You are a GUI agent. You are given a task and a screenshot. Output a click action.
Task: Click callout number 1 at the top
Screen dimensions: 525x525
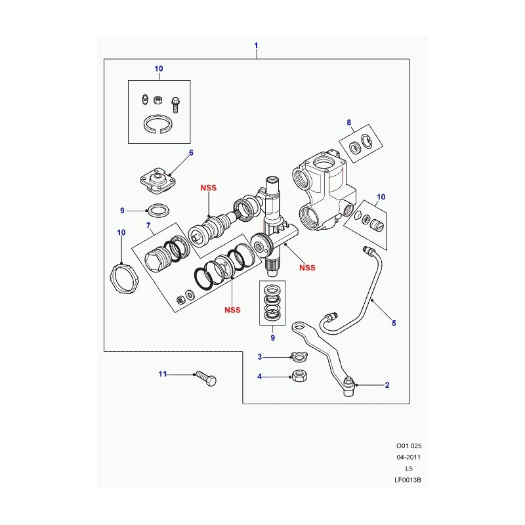[x=256, y=45]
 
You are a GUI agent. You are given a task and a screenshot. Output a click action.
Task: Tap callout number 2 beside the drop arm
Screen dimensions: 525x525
[x=387, y=385]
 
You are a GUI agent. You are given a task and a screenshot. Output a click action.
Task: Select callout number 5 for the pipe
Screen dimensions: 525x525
[x=394, y=323]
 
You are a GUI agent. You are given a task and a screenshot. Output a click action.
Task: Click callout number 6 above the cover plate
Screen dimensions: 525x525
[x=191, y=153]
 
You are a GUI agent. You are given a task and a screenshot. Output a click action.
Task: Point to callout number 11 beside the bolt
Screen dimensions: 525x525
[x=162, y=373]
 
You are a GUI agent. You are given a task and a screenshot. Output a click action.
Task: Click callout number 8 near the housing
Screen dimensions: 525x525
[x=349, y=123]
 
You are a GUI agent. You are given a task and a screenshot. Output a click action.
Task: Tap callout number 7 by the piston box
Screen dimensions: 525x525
[x=148, y=226]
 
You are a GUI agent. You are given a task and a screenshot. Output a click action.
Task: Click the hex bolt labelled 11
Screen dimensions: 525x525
[x=206, y=379]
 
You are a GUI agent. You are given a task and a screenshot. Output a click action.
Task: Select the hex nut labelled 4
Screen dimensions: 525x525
[x=300, y=375]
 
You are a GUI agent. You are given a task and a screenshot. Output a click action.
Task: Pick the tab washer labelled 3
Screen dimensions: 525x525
[x=299, y=356]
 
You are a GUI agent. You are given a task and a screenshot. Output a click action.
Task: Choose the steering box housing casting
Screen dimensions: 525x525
[x=323, y=191]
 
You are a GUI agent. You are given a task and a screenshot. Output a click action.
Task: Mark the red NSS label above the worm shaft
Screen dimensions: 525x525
[x=208, y=188]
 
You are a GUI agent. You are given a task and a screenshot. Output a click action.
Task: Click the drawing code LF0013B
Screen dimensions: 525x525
[x=408, y=480]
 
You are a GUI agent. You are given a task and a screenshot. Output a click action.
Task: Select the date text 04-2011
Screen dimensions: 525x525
[x=408, y=457]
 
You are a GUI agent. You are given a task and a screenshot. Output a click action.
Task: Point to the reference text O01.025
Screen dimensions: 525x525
[x=409, y=446]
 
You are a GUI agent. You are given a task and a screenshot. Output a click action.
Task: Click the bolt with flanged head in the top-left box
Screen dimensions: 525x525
[x=175, y=104]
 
